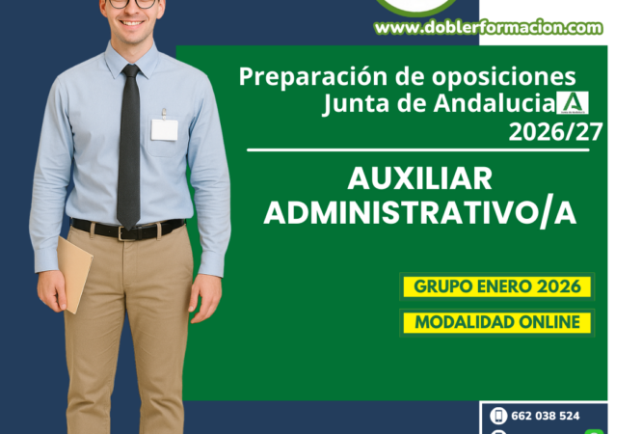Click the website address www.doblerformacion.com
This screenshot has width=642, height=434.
pos(489,28)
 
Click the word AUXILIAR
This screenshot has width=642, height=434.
pos(419,179)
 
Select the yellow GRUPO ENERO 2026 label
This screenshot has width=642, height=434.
pos(496,286)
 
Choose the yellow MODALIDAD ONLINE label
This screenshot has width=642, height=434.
pos(496,322)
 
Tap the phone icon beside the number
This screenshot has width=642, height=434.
pos(498,416)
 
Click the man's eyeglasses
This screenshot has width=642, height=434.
pos(133,3)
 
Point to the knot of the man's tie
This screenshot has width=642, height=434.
pos(129,72)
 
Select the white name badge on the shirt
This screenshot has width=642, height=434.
pos(165,129)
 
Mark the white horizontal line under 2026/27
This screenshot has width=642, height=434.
pos(424,149)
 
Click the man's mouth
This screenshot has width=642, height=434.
pos(132,24)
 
